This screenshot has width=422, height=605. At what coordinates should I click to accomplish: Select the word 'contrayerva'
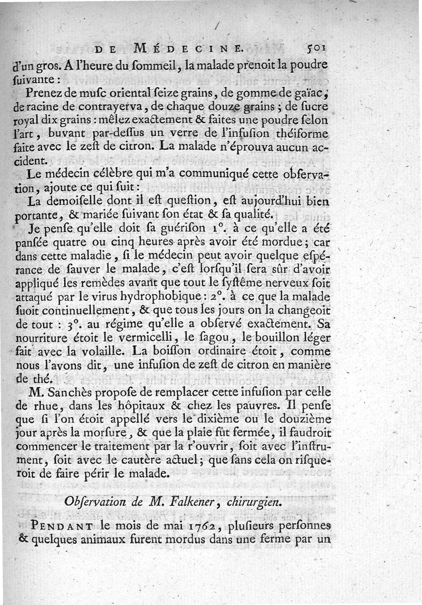[x=85, y=107]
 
